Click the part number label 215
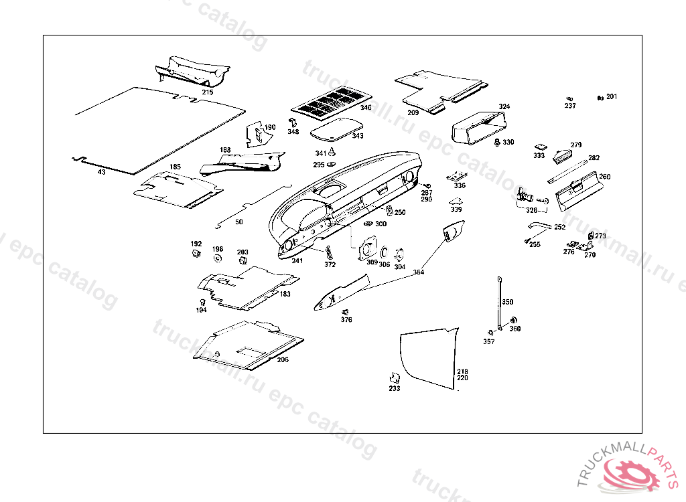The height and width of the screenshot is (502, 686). point(207,92)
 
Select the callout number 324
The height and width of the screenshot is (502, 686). point(504,107)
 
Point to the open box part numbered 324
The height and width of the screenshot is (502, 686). point(477,128)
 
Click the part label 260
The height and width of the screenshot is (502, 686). point(604,177)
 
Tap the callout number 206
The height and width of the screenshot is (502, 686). point(283,360)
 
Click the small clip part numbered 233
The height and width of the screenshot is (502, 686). point(395,378)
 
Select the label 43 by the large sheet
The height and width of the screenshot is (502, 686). point(101,172)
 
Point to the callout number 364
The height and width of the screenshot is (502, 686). point(418,272)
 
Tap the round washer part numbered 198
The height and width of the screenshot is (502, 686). point(218,258)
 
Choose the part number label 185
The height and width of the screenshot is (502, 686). point(175,167)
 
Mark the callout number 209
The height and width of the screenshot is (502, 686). point(413,113)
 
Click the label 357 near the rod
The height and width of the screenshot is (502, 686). point(489,341)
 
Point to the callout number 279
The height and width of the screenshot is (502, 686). point(576,145)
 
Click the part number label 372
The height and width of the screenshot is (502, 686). point(330,265)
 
